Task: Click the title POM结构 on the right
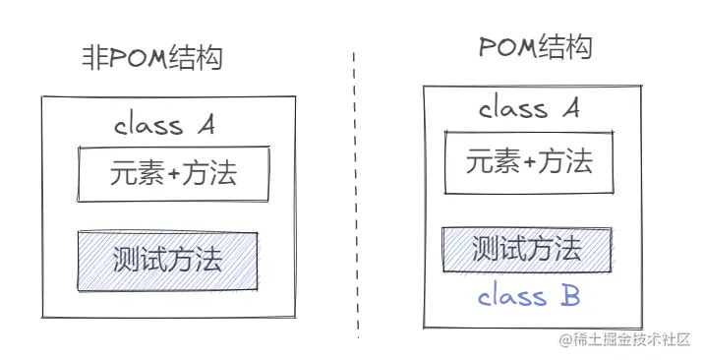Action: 536,46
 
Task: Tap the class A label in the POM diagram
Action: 529,108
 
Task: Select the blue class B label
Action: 528,294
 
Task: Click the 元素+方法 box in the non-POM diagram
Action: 173,175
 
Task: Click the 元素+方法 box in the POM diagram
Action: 529,161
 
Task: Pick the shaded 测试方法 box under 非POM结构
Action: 167,260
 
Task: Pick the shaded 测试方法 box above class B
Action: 526,249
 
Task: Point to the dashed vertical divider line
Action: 355,197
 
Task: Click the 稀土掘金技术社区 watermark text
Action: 629,340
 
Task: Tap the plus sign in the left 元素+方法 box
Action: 175,175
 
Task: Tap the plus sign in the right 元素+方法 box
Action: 531,161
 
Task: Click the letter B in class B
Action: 569,294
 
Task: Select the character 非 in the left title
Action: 93,58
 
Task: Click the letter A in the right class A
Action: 570,108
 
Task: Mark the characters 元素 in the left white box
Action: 138,175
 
